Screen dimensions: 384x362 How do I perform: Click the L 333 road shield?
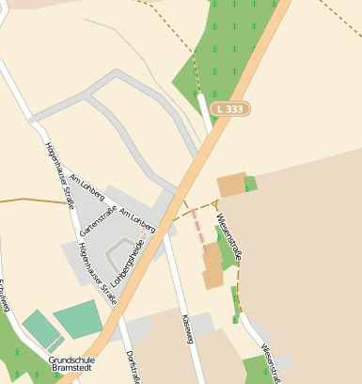[x=230, y=109]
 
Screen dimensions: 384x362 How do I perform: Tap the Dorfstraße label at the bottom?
[x=132, y=367]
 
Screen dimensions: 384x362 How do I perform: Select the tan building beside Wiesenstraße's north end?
[x=231, y=184]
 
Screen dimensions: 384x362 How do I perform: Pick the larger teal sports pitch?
[x=77, y=318]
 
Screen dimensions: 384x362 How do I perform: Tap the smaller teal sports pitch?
[x=39, y=328]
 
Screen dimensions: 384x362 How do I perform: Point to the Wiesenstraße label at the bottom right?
[x=271, y=364]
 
